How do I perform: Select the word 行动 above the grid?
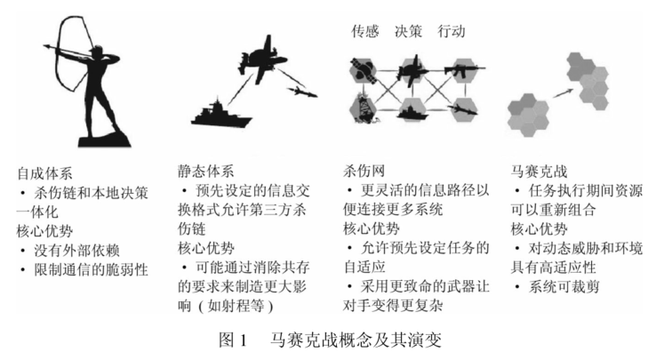pyautogui.click(x=453, y=31)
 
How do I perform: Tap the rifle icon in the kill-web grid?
pyautogui.click(x=463, y=68)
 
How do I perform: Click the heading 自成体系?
pyautogui.click(x=39, y=170)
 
